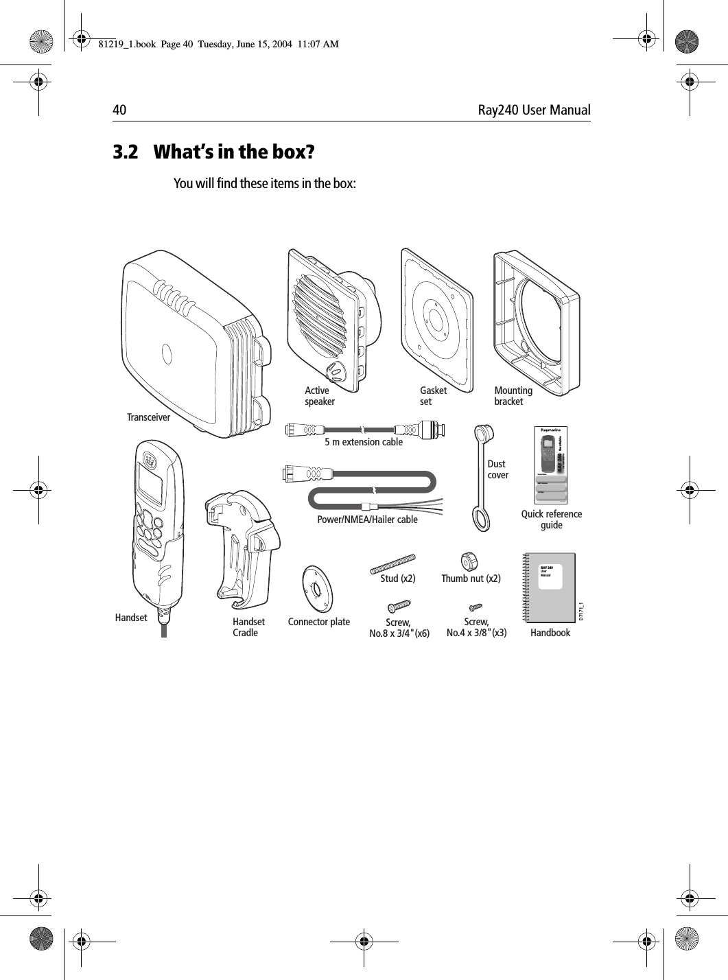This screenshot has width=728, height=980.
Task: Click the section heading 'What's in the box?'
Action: point(234,152)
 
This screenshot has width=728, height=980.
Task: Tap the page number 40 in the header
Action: point(119,110)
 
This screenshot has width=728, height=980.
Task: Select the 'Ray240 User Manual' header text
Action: point(534,110)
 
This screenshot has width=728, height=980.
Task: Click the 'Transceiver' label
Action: point(148,417)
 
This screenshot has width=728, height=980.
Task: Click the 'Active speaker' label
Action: point(319,396)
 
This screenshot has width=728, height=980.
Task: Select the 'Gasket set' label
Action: point(433,396)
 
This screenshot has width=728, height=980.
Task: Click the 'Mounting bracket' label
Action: point(513,396)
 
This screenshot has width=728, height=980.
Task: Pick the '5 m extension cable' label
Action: point(364,442)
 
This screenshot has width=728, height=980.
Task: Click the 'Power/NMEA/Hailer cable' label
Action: point(367,520)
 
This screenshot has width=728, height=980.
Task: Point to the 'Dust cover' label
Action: point(497,469)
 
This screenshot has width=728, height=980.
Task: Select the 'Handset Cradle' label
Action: point(248,627)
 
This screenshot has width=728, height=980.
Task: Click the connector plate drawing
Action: point(318,589)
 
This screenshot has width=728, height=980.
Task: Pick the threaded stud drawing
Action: point(394,561)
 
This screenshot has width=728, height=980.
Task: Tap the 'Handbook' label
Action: point(550,633)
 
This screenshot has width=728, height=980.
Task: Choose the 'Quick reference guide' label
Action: point(551,520)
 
